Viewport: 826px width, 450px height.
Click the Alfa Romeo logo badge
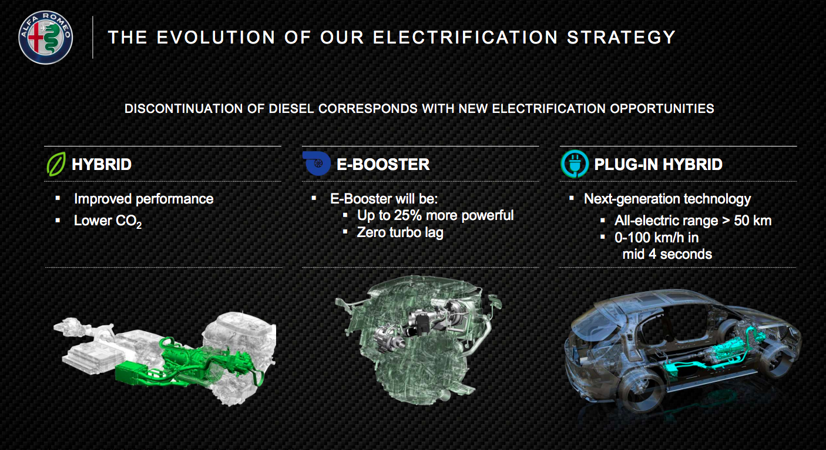click(46, 37)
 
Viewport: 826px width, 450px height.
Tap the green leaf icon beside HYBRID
click(56, 164)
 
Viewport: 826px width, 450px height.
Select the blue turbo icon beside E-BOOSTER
click(317, 163)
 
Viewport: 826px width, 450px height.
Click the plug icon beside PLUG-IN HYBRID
click(575, 164)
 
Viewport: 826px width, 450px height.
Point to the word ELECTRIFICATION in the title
click(465, 37)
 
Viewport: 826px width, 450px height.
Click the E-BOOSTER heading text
click(383, 164)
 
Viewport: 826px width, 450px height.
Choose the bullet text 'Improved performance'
click(144, 199)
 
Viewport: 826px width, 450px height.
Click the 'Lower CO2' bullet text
click(108, 221)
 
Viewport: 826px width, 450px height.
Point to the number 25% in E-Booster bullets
click(408, 215)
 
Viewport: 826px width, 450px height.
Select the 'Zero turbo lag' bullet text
click(400, 232)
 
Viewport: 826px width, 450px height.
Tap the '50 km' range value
click(753, 221)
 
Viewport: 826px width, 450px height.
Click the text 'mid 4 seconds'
click(667, 254)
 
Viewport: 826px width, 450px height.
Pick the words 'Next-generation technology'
click(667, 199)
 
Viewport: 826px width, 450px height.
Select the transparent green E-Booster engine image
click(418, 339)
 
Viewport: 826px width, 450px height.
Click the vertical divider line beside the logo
click(93, 37)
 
